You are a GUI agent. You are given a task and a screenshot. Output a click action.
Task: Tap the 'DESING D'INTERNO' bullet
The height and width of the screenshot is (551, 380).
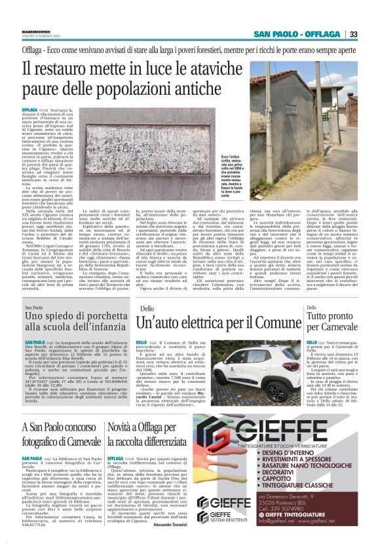(x=291, y=471)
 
